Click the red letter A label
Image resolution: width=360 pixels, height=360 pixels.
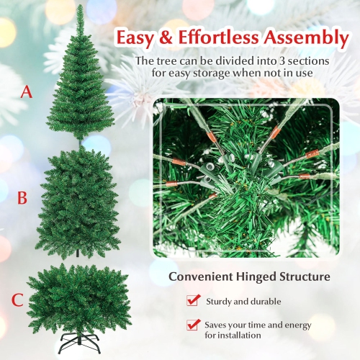(27, 92)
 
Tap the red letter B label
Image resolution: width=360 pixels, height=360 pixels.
(22, 197)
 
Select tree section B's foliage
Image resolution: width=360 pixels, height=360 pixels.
(76, 197)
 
